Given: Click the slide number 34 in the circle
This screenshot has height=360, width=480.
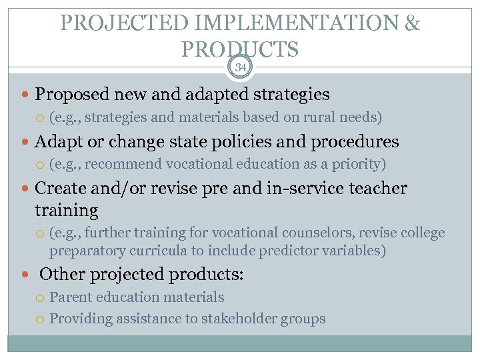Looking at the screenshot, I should [240, 67].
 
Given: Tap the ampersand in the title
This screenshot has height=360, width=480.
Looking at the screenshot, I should [412, 24].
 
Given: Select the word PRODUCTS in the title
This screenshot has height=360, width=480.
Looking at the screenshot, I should [239, 49].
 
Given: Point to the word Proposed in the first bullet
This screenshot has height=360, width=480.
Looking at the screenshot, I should [70, 95].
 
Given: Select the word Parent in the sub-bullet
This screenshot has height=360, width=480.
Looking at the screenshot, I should [70, 297].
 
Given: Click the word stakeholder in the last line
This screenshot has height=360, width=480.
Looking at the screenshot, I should [235, 319].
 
